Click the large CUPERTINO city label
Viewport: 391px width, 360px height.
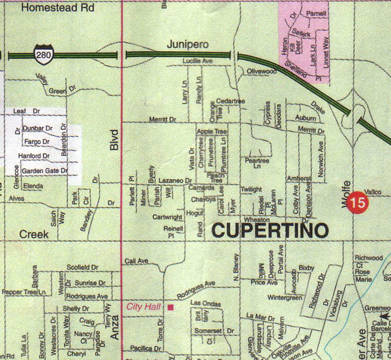[270, 230]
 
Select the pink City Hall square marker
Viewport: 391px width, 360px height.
[170, 307]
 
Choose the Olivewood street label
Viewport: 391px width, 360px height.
[262, 72]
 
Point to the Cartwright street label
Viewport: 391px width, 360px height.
[167, 217]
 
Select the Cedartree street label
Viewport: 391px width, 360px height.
[230, 101]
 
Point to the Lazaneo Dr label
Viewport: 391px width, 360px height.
[175, 180]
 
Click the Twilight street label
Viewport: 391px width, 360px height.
[250, 189]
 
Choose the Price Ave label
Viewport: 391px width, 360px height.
[264, 282]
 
